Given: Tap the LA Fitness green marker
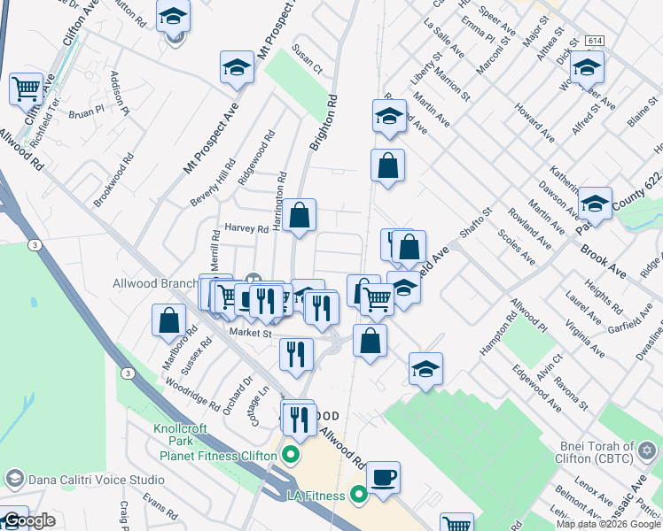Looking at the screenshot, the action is tap(358, 495).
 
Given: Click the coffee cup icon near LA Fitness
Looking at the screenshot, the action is tap(383, 478).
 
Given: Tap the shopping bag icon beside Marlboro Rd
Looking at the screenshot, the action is tap(168, 320).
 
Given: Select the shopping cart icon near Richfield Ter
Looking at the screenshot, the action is tap(27, 88).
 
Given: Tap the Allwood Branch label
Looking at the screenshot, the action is tap(154, 284).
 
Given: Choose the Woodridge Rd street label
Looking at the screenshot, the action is tap(192, 394).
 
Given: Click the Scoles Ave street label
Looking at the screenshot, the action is tap(516, 247).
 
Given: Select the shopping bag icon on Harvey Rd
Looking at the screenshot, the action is tap(300, 214).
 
